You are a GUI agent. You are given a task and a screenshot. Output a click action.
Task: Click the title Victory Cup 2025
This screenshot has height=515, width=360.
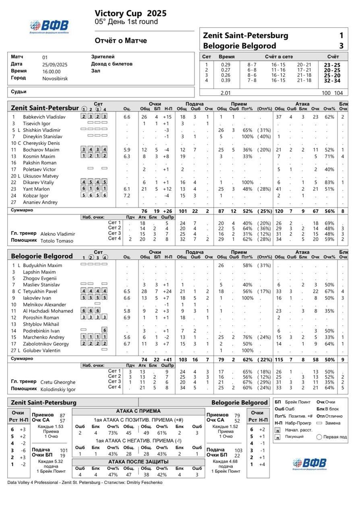(x=130, y=14)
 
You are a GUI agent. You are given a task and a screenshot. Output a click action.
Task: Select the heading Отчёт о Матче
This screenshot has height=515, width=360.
(x=121, y=41)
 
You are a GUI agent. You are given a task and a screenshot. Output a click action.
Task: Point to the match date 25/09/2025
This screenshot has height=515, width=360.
(x=55, y=64)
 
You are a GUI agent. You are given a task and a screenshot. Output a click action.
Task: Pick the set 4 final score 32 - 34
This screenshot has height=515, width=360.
(x=332, y=80)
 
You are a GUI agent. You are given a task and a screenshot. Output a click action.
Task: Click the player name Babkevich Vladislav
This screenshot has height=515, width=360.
(x=44, y=117)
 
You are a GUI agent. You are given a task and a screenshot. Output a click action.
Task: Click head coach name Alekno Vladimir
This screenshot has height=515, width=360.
(x=58, y=234)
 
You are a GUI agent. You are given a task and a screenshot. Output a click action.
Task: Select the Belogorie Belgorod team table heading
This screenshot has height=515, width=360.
(x=42, y=256)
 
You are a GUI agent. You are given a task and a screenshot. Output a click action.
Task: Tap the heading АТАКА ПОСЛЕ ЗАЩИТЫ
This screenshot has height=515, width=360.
(x=138, y=462)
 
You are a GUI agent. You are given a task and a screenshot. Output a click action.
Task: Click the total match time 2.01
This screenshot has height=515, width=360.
(x=226, y=93)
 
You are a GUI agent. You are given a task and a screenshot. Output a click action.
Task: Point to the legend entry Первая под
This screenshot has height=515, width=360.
(x=332, y=437)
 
